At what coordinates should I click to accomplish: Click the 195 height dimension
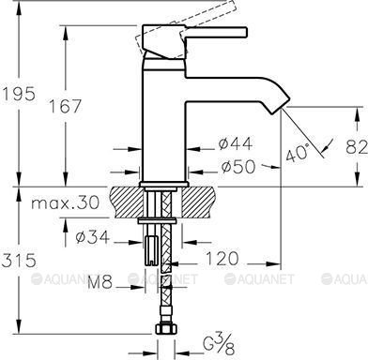tap(20, 94)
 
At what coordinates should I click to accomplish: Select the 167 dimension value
tap(66, 106)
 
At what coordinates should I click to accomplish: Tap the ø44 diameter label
tap(235, 143)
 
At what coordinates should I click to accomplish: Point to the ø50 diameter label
tap(238, 167)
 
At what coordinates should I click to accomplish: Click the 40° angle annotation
tap(298, 153)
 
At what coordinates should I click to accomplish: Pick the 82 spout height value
tap(357, 147)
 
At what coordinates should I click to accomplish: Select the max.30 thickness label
tap(65, 202)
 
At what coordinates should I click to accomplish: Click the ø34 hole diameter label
tap(93, 237)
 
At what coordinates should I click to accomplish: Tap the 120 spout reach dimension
tap(222, 259)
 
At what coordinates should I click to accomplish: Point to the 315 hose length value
tap(19, 260)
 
